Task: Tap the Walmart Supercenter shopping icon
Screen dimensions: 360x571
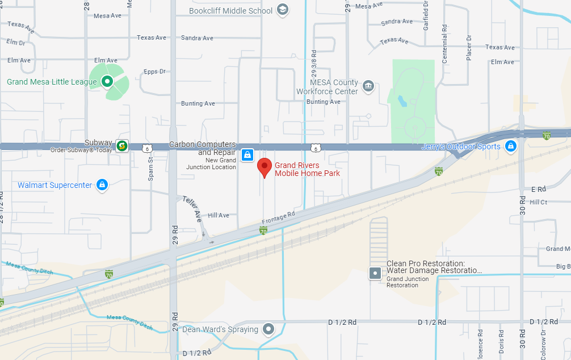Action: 102,185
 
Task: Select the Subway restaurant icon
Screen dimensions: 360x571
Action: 121,146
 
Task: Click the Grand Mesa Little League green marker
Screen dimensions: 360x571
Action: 107,82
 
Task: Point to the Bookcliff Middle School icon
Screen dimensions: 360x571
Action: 283,10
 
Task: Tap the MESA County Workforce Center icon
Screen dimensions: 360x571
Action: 368,86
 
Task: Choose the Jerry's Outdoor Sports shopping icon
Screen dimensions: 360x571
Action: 511,146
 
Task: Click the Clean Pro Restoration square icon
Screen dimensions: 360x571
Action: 375,273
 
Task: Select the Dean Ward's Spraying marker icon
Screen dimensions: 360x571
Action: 268,329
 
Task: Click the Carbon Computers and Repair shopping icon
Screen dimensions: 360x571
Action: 247,154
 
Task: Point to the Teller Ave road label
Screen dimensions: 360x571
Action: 192,208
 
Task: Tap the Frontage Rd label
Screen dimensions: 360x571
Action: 279,217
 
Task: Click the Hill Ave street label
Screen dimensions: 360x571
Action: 219,215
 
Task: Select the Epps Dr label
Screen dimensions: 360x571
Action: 154,72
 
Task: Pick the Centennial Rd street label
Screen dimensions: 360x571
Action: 444,43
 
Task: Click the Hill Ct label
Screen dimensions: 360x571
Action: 538,202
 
